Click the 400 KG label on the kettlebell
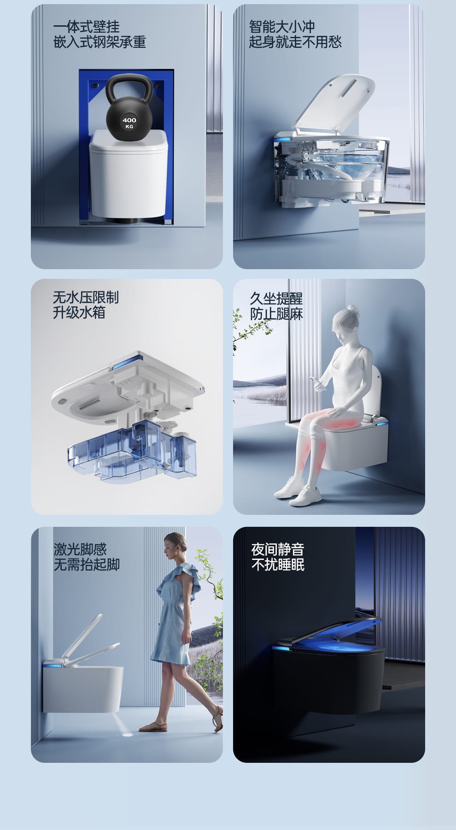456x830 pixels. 129,123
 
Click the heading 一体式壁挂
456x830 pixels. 87,26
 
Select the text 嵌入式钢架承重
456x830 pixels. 99,42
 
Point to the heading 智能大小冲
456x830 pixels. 282,26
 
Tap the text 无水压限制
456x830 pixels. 86,297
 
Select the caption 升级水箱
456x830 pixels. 79,312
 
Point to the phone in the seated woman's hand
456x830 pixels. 316,381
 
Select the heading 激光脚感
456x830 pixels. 80,549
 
